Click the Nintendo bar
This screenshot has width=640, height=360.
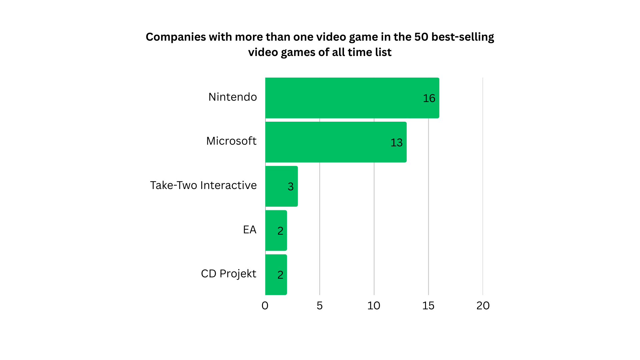pyautogui.click(x=352, y=98)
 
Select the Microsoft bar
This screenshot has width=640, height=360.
pyautogui.click(x=336, y=142)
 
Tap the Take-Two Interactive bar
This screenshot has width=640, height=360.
pyautogui.click(x=281, y=186)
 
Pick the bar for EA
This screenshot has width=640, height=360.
pyautogui.click(x=276, y=230)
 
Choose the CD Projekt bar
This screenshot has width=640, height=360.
pyautogui.click(x=276, y=275)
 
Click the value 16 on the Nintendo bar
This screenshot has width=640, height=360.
pyautogui.click(x=429, y=98)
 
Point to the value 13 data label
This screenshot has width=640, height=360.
pyautogui.click(x=396, y=143)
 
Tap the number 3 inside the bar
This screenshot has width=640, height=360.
pyautogui.click(x=291, y=187)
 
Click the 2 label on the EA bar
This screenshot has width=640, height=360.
pyautogui.click(x=280, y=231)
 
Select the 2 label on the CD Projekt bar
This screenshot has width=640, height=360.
pyautogui.click(x=280, y=275)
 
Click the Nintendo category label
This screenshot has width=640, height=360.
pyautogui.click(x=233, y=97)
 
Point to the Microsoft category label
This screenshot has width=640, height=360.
pyautogui.click(x=231, y=141)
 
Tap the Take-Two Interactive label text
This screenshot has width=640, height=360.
pyautogui.click(x=203, y=185)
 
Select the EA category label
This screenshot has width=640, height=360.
pyautogui.click(x=250, y=230)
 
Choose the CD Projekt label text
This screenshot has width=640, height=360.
pyautogui.click(x=229, y=274)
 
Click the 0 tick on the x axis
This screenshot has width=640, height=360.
pyautogui.click(x=265, y=306)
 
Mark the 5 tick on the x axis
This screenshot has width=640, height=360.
pyautogui.click(x=320, y=306)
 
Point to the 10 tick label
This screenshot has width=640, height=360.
pyautogui.click(x=374, y=306)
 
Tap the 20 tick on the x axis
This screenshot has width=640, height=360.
pyautogui.click(x=483, y=306)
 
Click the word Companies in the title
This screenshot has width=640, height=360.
pyautogui.click(x=176, y=37)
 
